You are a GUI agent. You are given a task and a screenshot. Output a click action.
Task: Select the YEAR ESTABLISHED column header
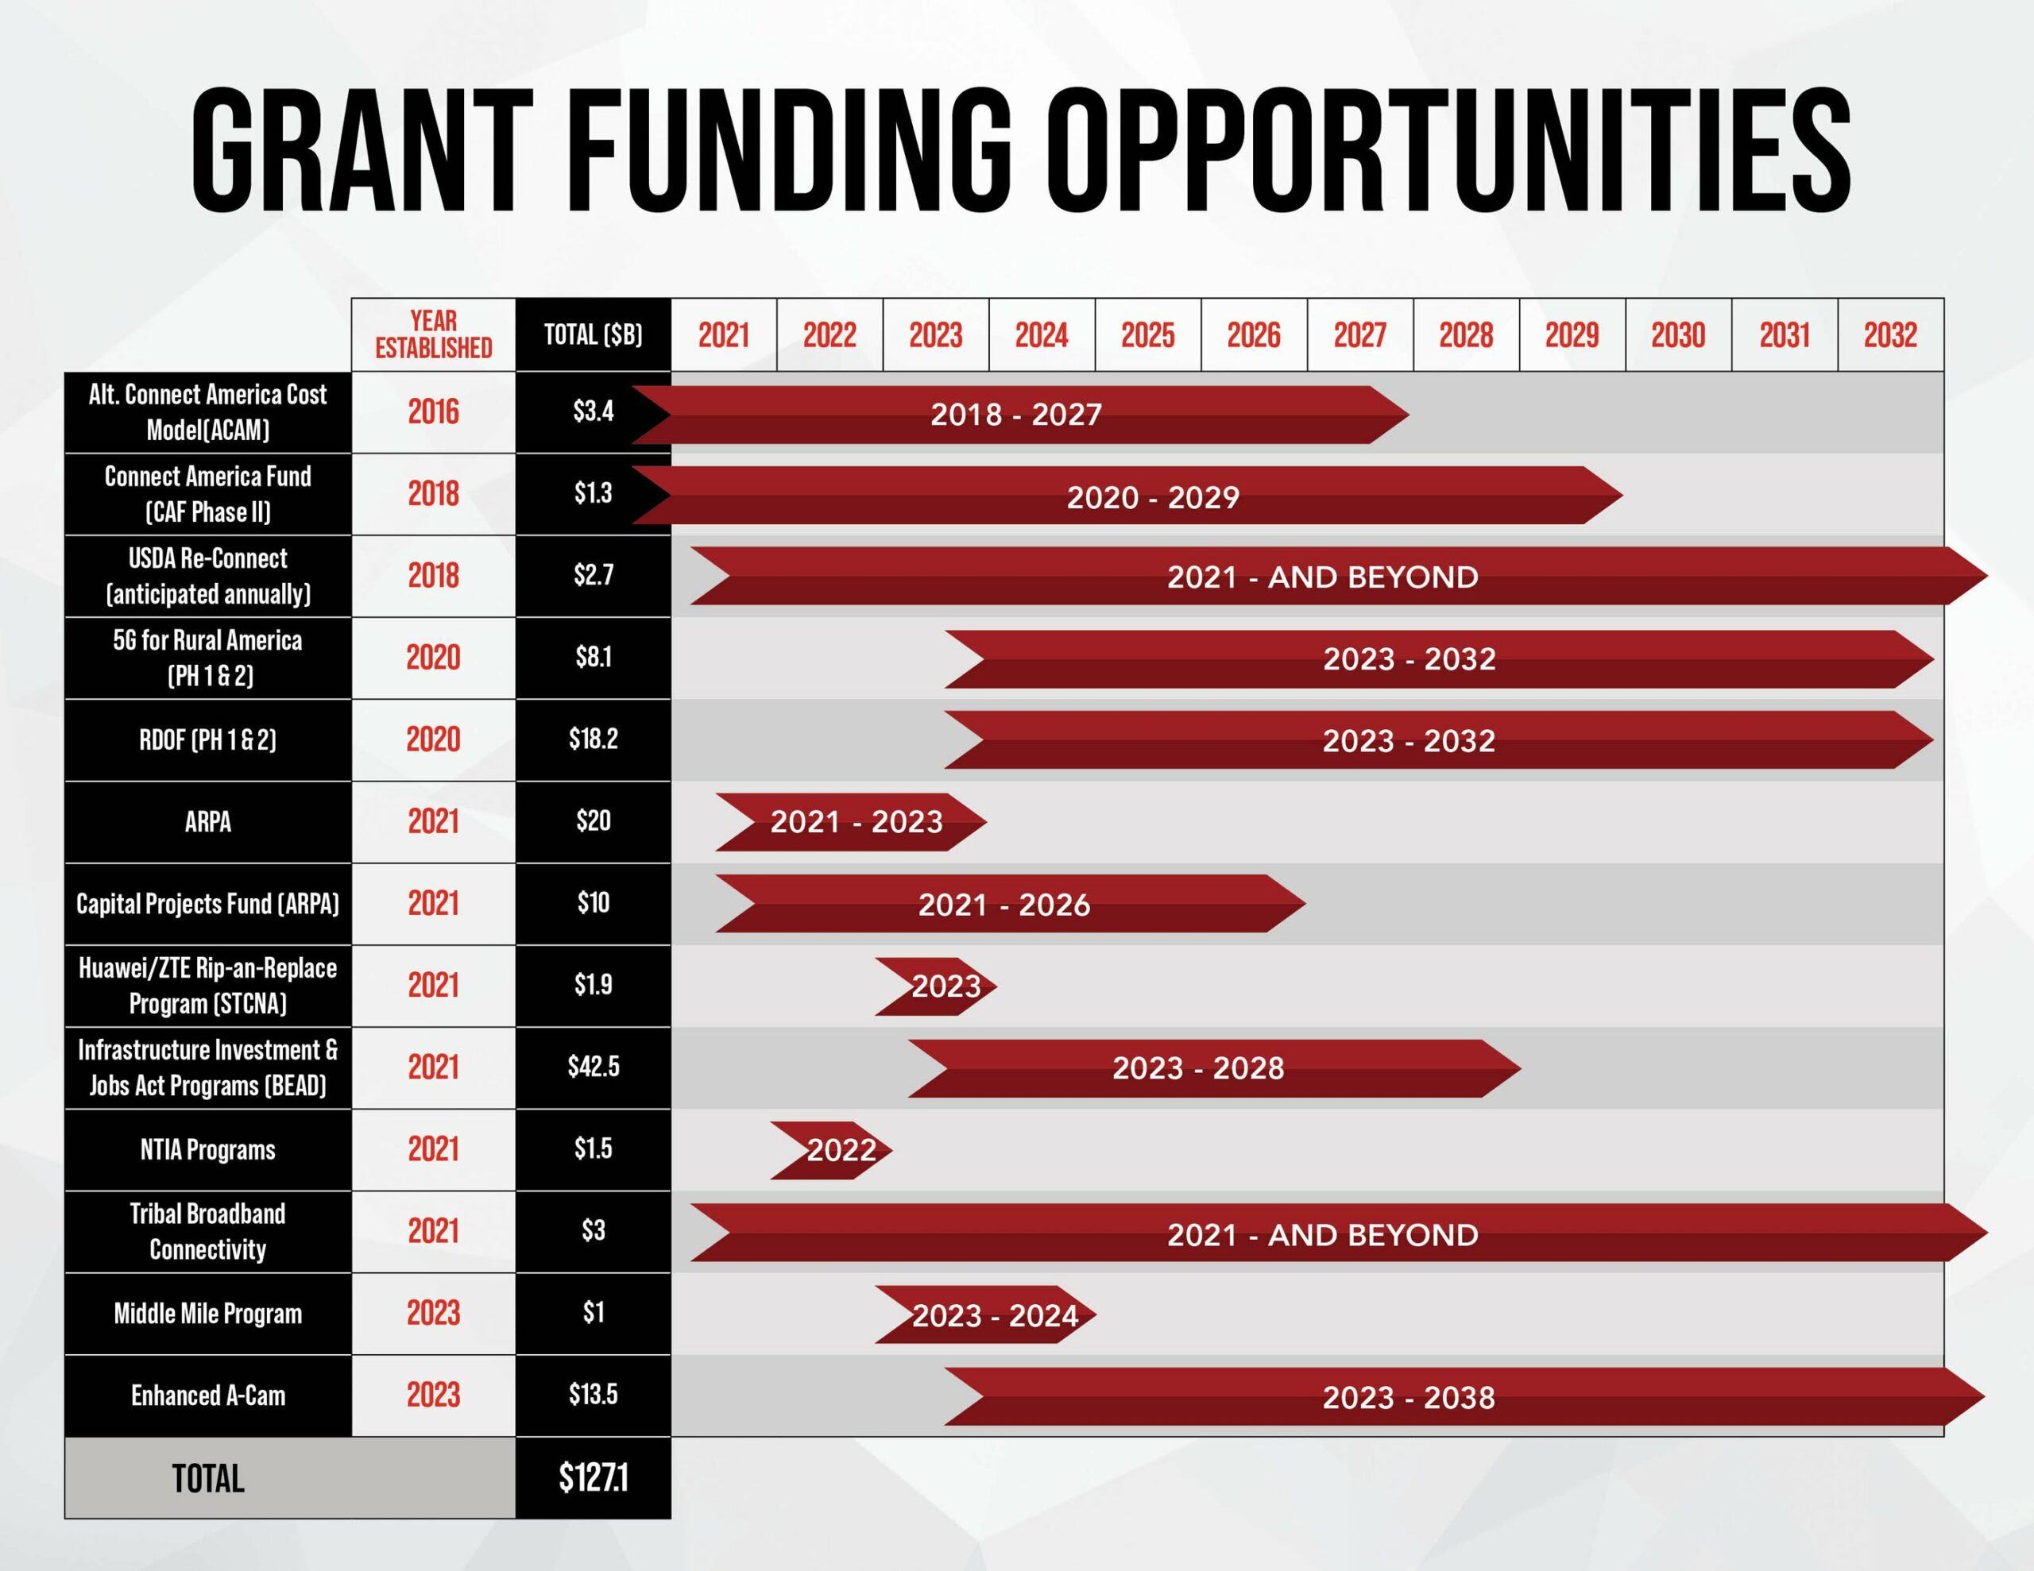[433, 334]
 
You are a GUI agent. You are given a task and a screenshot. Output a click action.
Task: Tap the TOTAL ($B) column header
[594, 334]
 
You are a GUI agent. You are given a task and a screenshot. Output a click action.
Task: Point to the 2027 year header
[1359, 334]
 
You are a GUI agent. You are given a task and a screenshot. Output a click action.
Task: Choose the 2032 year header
[1889, 334]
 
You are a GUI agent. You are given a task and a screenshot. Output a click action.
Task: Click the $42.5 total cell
[594, 1067]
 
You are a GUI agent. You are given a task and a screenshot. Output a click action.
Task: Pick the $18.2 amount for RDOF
[594, 739]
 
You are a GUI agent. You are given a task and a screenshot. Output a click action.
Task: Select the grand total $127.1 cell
[594, 1478]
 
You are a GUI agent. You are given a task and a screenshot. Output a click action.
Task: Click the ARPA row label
[207, 821]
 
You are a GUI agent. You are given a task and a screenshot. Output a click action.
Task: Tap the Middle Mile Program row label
[207, 1313]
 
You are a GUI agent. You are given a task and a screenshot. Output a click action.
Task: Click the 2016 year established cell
[433, 411]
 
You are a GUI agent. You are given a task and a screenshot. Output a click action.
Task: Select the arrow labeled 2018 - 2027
[1017, 415]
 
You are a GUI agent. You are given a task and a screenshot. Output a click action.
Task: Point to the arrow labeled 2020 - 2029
[1152, 496]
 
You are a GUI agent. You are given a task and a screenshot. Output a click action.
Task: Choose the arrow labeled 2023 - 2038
[1408, 1397]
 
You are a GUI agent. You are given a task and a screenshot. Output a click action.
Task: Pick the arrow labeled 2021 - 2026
[1004, 904]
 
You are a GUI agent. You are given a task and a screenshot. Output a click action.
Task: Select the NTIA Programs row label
[207, 1149]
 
